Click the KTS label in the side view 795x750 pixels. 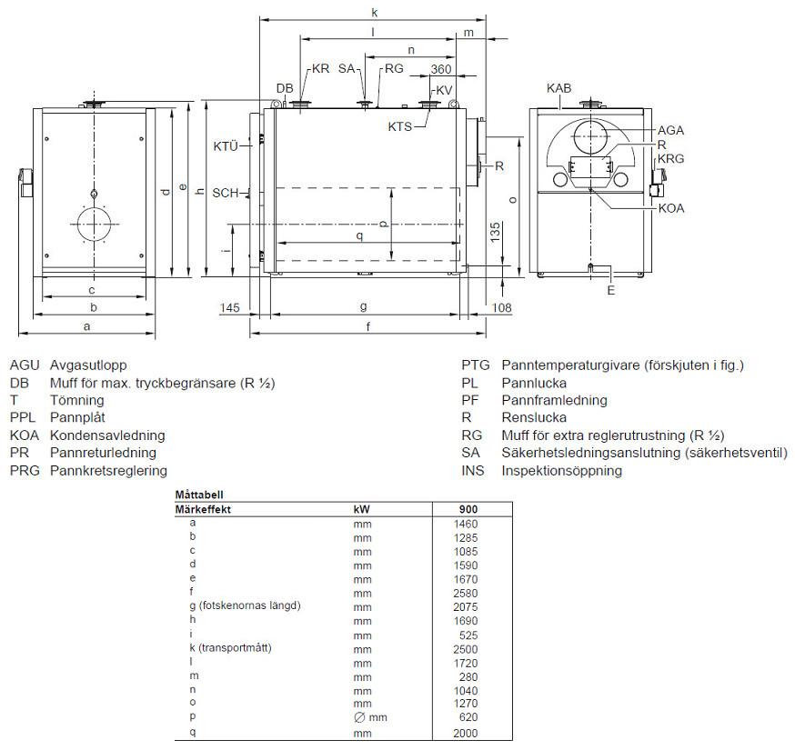point(400,127)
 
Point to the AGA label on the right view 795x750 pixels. point(670,131)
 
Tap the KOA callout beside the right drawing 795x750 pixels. point(671,208)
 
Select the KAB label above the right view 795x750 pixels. point(559,88)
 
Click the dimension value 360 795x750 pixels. point(441,70)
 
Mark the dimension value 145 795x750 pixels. point(230,308)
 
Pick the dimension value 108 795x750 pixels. point(501,308)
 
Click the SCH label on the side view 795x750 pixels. point(225,193)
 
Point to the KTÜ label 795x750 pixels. point(226,146)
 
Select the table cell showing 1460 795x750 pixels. point(465,524)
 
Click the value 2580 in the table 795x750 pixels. point(465,593)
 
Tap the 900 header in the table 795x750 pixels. point(468,510)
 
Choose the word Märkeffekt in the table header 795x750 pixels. point(203,510)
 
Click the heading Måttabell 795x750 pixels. point(198,495)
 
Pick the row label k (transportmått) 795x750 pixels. point(231,648)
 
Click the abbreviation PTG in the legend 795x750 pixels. point(476,365)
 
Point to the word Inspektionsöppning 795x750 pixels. point(561,471)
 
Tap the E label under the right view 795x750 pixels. point(611,291)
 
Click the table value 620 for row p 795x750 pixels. point(468,717)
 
